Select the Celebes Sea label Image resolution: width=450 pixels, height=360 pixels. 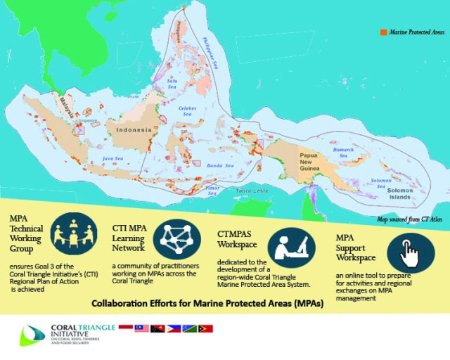coord(187,110)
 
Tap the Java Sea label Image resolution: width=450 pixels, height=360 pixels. coord(113,160)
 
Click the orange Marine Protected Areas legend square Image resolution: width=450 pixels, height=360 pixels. coord(383,32)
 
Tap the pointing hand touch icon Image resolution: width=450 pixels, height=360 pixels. coord(411,251)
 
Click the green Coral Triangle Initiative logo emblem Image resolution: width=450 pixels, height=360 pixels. coord(31,335)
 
